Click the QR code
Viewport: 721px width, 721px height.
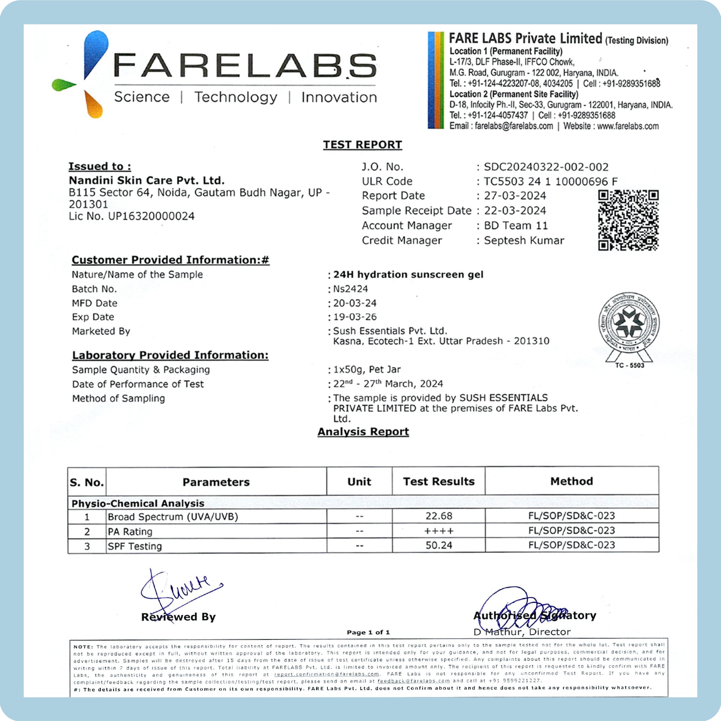pyautogui.click(x=628, y=220)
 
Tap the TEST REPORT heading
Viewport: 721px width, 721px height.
pyautogui.click(x=362, y=145)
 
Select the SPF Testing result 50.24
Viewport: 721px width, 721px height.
pyautogui.click(x=439, y=545)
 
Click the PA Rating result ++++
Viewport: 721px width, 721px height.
pyautogui.click(x=439, y=531)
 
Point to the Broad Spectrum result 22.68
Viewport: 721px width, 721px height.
pyautogui.click(x=439, y=516)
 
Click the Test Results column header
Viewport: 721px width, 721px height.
pyautogui.click(x=438, y=481)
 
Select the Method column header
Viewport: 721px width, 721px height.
pyautogui.click(x=571, y=481)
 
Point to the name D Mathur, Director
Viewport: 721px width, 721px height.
pyautogui.click(x=522, y=632)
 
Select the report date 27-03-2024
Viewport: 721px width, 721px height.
pyautogui.click(x=515, y=195)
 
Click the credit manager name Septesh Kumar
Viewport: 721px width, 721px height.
pyautogui.click(x=524, y=240)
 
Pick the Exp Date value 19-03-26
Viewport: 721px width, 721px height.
pyautogui.click(x=355, y=317)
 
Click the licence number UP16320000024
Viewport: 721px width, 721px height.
pyautogui.click(x=151, y=216)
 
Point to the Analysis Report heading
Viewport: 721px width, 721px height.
pyautogui.click(x=363, y=432)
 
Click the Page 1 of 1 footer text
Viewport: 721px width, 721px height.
pyautogui.click(x=368, y=632)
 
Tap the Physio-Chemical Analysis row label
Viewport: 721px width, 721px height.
pyautogui.click(x=138, y=503)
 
